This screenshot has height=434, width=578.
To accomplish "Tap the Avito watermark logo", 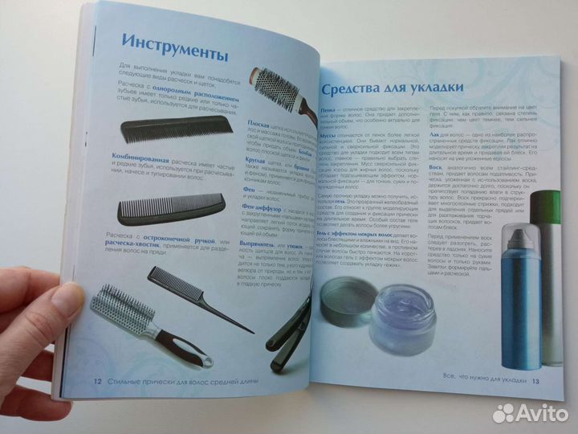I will pos(530,413).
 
